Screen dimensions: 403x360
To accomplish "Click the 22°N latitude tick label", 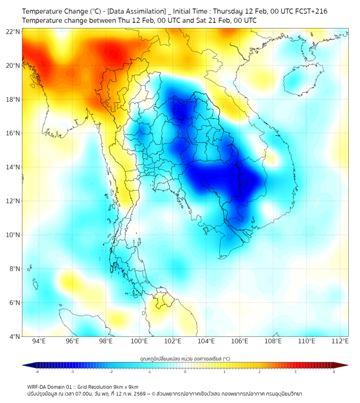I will click(x=13, y=31).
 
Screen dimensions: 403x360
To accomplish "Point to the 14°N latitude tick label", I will click(x=13, y=167).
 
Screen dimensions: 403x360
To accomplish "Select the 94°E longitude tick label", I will click(x=39, y=341).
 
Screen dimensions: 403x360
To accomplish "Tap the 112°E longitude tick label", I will click(x=340, y=341).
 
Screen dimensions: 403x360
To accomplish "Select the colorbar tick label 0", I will click(x=185, y=372).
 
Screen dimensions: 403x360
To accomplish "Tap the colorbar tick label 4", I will click(x=333, y=372).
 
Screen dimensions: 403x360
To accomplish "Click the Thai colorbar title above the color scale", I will click(x=185, y=358).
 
